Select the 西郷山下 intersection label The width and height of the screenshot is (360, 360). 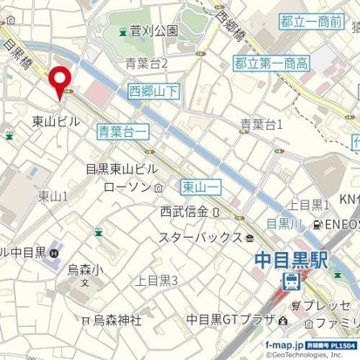click(154, 90)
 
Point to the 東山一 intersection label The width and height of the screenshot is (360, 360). click(200, 187)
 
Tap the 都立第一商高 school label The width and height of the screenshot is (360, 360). click(271, 63)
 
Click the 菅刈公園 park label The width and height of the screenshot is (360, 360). click(153, 31)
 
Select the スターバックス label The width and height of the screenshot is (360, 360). click(200, 237)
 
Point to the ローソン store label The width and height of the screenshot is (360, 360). click(127, 187)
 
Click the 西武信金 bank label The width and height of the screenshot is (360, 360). click(184, 212)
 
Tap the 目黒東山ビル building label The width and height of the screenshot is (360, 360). click(122, 168)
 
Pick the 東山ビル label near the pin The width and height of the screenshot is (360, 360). click(56, 121)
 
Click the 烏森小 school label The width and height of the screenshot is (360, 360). click(85, 270)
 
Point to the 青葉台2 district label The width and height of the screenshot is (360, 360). click(146, 62)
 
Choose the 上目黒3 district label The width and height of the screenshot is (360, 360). click(157, 280)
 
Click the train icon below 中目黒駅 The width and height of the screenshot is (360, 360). click(291, 282)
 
